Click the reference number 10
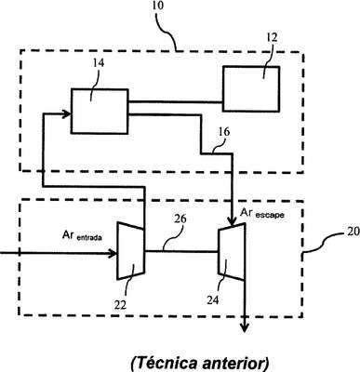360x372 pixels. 159,7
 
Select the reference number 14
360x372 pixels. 98,63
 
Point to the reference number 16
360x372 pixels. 224,132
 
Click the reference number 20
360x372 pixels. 353,232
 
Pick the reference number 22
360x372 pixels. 120,305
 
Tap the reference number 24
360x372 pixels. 213,299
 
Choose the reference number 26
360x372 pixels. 180,219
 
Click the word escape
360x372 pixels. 270,214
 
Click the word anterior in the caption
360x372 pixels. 235,364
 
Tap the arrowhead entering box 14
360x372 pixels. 67,113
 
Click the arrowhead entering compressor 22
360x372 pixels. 113,254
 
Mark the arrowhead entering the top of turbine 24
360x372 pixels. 232,221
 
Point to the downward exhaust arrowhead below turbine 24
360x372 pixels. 245,328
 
